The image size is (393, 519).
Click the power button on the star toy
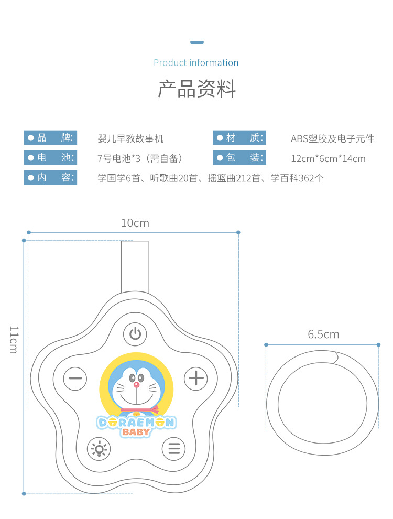135,333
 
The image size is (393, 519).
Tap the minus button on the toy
75,378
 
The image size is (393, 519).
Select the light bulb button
99,449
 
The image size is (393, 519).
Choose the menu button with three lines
174,449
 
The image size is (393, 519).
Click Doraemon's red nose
137,384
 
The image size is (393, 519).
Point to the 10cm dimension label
135,223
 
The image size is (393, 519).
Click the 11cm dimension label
14,339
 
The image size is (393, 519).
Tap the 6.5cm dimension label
323,334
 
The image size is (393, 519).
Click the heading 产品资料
196,89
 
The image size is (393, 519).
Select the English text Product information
196,63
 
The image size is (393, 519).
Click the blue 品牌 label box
50,138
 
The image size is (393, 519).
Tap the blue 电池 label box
50,158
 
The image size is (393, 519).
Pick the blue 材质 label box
239,138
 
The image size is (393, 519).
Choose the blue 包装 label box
239,158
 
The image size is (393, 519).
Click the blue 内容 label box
50,178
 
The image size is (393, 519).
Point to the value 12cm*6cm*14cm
328,158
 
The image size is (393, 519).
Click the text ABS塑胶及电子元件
332,139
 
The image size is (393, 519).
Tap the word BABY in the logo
136,433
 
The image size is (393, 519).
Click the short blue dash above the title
196,42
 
